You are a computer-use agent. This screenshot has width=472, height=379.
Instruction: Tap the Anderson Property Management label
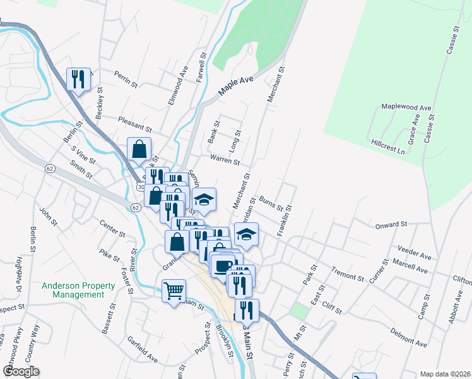78,290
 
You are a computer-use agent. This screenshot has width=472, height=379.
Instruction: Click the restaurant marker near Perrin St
78,79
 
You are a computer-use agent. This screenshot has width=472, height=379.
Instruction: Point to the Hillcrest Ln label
387,147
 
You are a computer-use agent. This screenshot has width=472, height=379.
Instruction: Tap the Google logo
21,371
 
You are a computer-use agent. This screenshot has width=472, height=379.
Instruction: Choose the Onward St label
391,224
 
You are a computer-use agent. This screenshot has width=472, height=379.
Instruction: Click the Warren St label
225,159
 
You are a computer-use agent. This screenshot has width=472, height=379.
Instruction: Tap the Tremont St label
348,274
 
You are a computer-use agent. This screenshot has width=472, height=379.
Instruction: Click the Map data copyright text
445,374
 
